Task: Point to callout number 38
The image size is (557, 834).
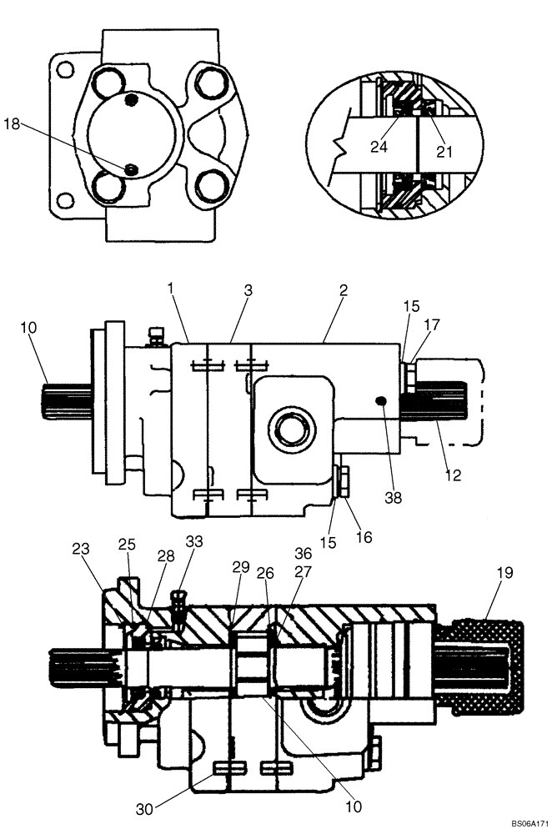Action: [393, 498]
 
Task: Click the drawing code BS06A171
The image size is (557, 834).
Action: [527, 824]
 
